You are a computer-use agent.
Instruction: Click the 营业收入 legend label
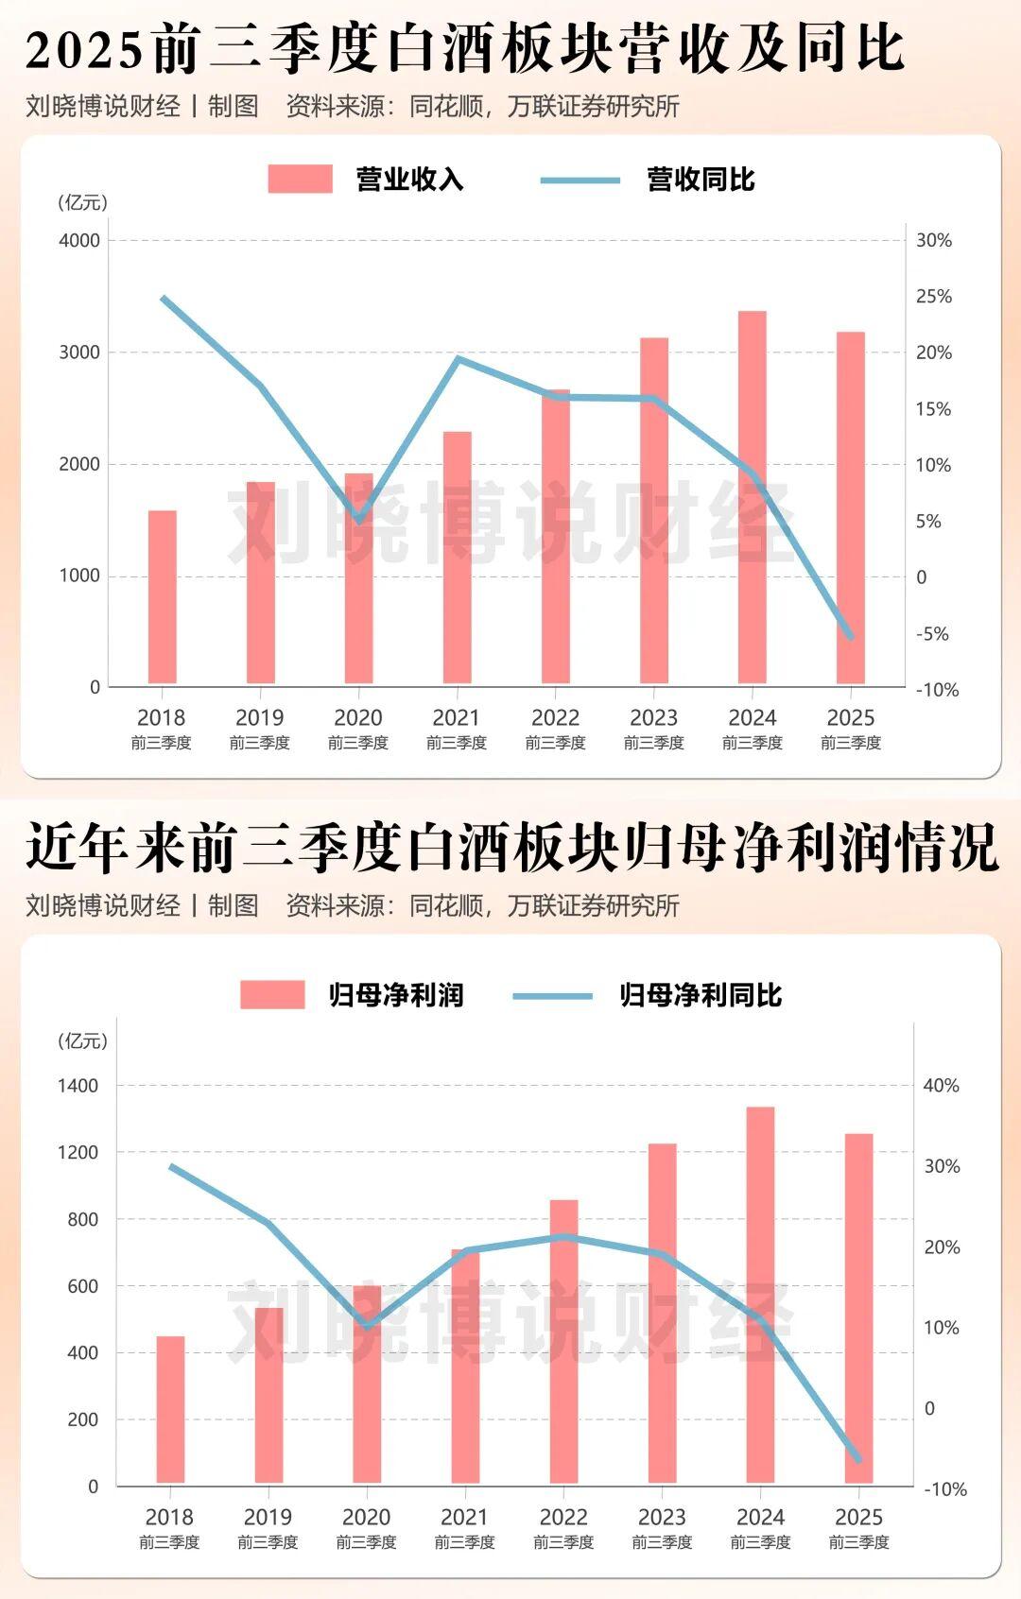tap(409, 180)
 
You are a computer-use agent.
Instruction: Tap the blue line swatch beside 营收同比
tap(580, 180)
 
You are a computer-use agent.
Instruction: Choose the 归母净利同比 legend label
tap(701, 995)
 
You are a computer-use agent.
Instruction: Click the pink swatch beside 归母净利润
tap(272, 995)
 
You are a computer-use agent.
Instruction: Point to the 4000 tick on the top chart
tap(79, 240)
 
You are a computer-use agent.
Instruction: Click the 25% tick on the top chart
tap(934, 297)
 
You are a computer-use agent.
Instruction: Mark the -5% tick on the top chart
tap(932, 634)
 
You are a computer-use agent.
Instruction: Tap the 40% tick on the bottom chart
tap(941, 1086)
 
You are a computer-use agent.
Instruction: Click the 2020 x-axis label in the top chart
tap(358, 718)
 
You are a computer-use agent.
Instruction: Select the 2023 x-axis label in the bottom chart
tap(662, 1518)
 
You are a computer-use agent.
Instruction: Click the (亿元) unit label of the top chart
tap(83, 202)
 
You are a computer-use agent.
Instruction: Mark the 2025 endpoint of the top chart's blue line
tap(851, 638)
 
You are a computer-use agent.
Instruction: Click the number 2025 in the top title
tap(85, 50)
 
